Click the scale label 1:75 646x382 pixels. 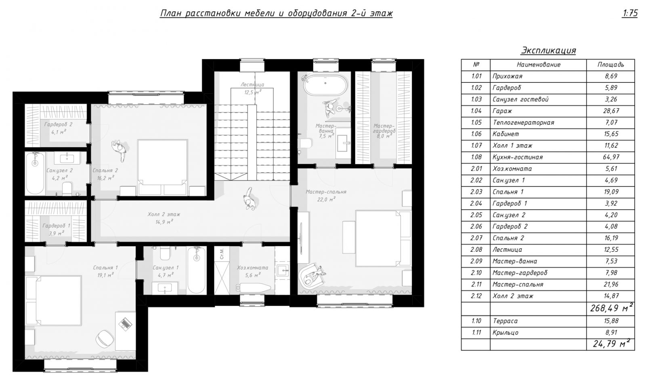pos(629,13)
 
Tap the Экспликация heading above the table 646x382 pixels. pos(548,50)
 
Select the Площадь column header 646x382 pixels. pos(610,65)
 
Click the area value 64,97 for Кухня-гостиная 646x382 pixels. pos(611,157)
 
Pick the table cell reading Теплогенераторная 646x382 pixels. pos(523,122)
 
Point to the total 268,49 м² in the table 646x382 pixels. pos(611,308)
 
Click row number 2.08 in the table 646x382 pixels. pos(476,249)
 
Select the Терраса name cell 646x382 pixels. pos(505,321)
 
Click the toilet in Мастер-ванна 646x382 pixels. pos(306,143)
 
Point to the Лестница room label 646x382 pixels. pos(252,84)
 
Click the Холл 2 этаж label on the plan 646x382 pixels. pos(164,214)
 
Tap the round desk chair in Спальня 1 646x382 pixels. pos(105,338)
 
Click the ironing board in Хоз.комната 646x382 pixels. pos(254,287)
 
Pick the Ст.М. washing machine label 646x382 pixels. pos(222,253)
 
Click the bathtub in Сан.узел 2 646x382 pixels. pos(35,173)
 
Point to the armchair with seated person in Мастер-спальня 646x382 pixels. pos(311,275)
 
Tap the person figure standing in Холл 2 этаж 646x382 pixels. pos(249,198)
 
